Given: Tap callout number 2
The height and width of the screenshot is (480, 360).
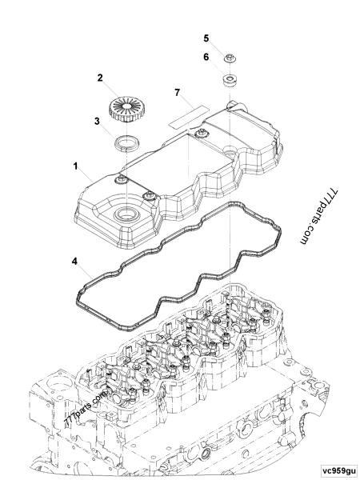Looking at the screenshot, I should click(99, 78).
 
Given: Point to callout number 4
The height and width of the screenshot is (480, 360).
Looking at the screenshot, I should click(74, 261).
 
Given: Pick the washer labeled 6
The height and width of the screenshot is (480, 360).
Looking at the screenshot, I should click(229, 80).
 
